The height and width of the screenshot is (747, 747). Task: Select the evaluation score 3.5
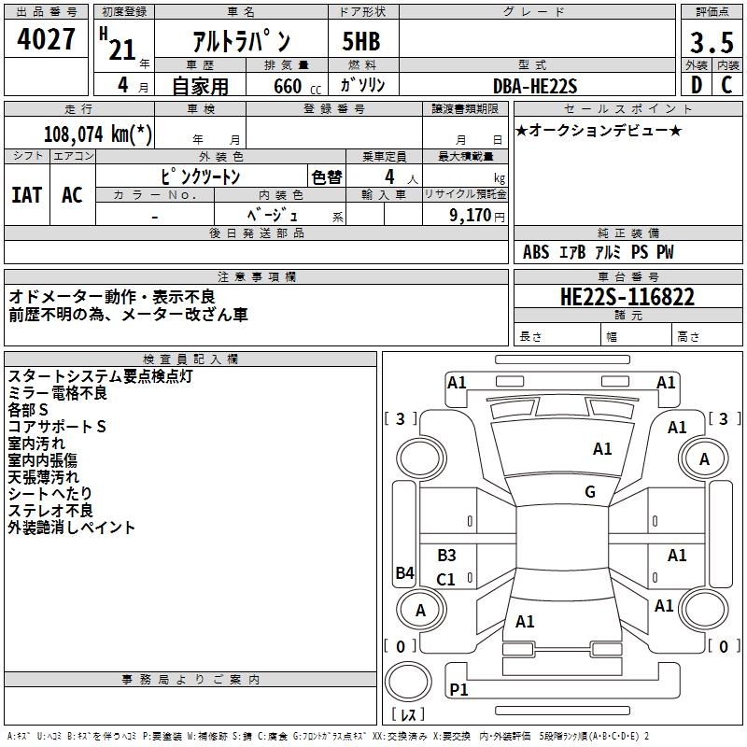click(712, 43)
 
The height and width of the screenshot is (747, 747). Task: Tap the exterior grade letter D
click(696, 85)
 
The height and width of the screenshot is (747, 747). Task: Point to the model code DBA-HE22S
click(536, 86)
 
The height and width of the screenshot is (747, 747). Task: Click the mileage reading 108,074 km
click(98, 134)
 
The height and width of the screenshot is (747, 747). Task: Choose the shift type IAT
click(26, 194)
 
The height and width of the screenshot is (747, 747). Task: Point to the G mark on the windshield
click(590, 492)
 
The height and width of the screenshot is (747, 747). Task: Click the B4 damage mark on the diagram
click(404, 573)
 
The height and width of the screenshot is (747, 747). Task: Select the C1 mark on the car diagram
click(446, 579)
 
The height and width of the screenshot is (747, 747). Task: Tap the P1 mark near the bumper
click(458, 689)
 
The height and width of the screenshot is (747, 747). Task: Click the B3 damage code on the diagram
click(446, 556)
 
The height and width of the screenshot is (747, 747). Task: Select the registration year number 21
click(122, 49)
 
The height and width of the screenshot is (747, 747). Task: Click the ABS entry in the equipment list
click(536, 252)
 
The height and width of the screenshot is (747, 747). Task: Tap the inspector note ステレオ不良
click(50, 511)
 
